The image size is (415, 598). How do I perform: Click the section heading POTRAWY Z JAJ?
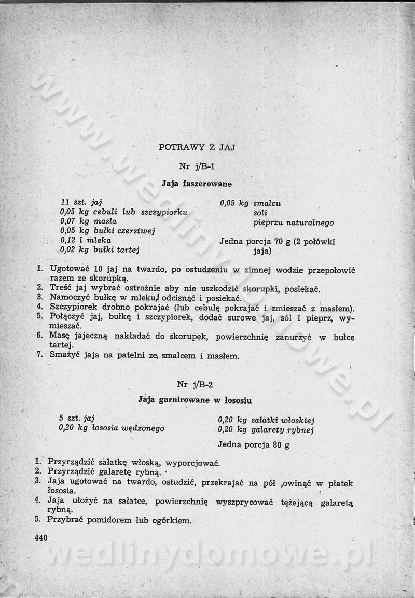pos(197,147)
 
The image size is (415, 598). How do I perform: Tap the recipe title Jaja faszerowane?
pos(197,184)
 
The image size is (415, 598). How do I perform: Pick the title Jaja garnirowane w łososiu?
pos(195,400)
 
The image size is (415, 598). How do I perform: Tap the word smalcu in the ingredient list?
pos(267,204)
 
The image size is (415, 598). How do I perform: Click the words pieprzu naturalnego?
pos(293,223)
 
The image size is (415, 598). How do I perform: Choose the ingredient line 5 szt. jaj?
pos(77,418)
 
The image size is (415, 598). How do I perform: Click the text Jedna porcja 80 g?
pos(253,444)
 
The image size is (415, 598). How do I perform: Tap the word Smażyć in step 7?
pos(63,356)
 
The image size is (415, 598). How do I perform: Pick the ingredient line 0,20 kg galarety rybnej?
pos(266,430)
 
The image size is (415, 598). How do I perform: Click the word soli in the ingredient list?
pos(260,213)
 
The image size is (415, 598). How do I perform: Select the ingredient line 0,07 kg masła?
pos(88,221)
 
